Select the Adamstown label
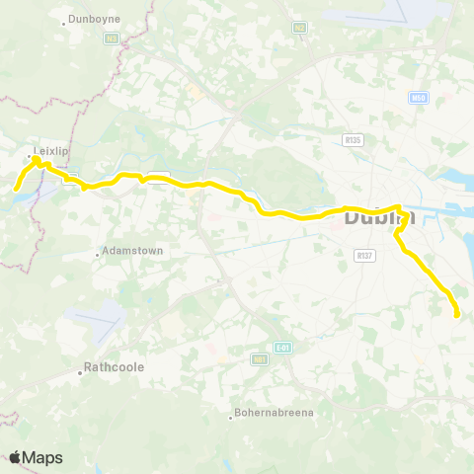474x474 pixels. tap(132, 252)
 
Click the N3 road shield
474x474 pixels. tap(112, 39)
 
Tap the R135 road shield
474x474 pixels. tap(354, 140)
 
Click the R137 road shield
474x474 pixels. tap(363, 255)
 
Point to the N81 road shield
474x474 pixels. tap(261, 359)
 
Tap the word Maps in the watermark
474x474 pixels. tap(42, 457)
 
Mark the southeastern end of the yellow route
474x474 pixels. tap(457, 315)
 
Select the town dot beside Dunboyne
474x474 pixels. tap(64, 22)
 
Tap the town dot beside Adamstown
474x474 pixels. tap(98, 255)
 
